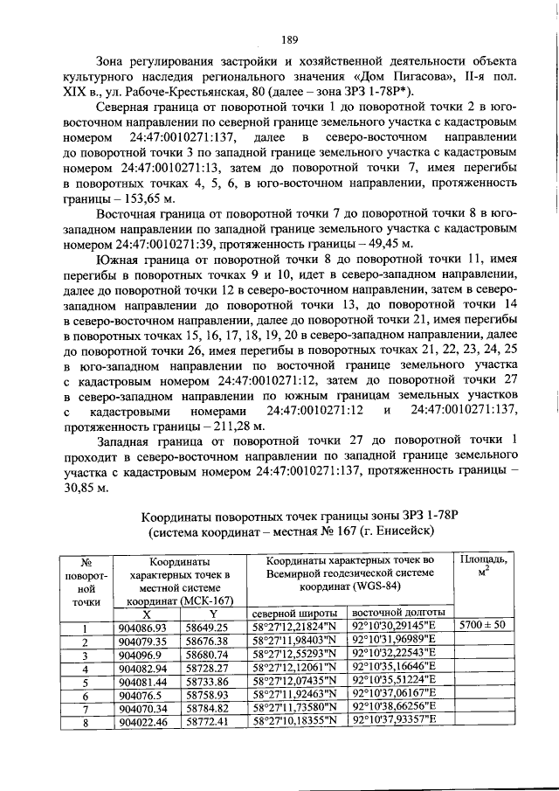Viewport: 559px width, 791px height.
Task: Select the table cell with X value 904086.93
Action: pos(145,627)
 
